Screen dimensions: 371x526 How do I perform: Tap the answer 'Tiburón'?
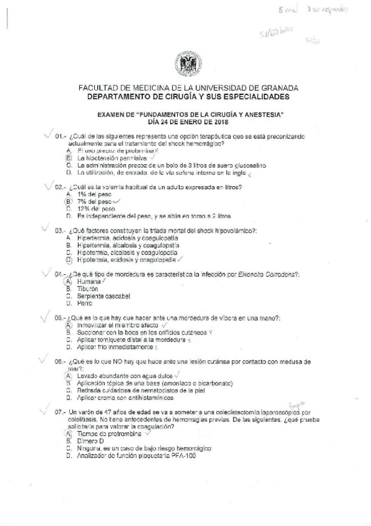[89, 288]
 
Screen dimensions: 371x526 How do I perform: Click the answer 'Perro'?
[85, 303]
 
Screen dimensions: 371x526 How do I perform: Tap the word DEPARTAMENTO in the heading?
[121, 97]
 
